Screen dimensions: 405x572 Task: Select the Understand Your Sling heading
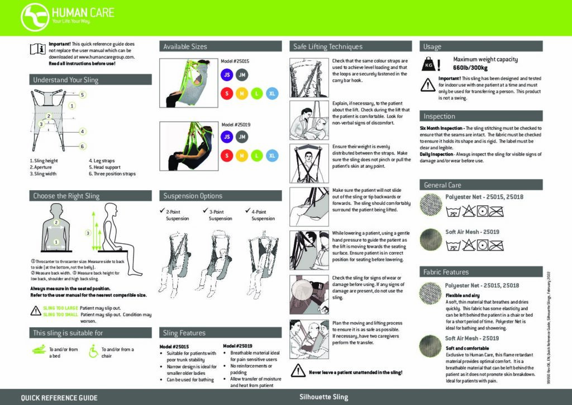[65, 80]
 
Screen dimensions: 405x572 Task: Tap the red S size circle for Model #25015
[227, 93]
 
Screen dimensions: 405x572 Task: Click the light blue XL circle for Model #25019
[271, 155]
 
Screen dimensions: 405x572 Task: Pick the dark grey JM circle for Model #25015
[242, 74]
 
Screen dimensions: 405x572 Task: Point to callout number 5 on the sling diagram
[82, 95]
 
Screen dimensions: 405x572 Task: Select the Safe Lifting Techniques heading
[328, 46]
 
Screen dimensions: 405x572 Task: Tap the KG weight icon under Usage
[429, 65]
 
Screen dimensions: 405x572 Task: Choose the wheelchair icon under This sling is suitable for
[93, 352]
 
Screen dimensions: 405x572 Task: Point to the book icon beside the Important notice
[37, 50]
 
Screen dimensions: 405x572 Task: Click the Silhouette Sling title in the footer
[324, 397]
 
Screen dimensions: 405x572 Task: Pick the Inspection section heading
[440, 116]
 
